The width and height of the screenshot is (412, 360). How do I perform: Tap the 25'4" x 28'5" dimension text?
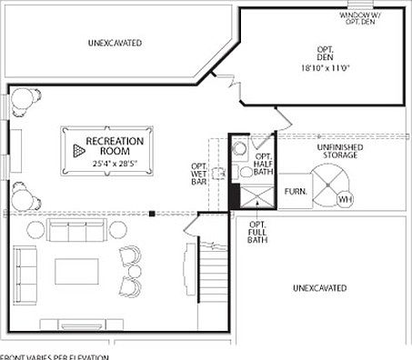[114, 164]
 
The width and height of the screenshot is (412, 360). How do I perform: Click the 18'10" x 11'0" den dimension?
[325, 67]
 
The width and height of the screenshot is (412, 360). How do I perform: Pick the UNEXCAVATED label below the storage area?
[319, 288]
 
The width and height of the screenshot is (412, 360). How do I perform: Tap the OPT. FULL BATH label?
[257, 233]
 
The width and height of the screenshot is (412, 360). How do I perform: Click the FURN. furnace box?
[295, 192]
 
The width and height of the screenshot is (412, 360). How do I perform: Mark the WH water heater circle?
[344, 199]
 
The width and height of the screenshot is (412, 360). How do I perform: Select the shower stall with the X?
[253, 196]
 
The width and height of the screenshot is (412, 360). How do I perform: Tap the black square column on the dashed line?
[153, 215]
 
